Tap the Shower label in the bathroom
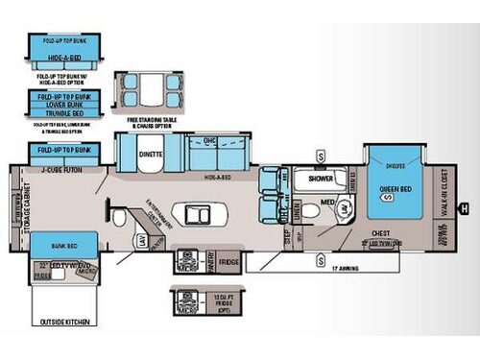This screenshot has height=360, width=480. pos(320,179)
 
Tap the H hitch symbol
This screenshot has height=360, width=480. pos(465,207)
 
